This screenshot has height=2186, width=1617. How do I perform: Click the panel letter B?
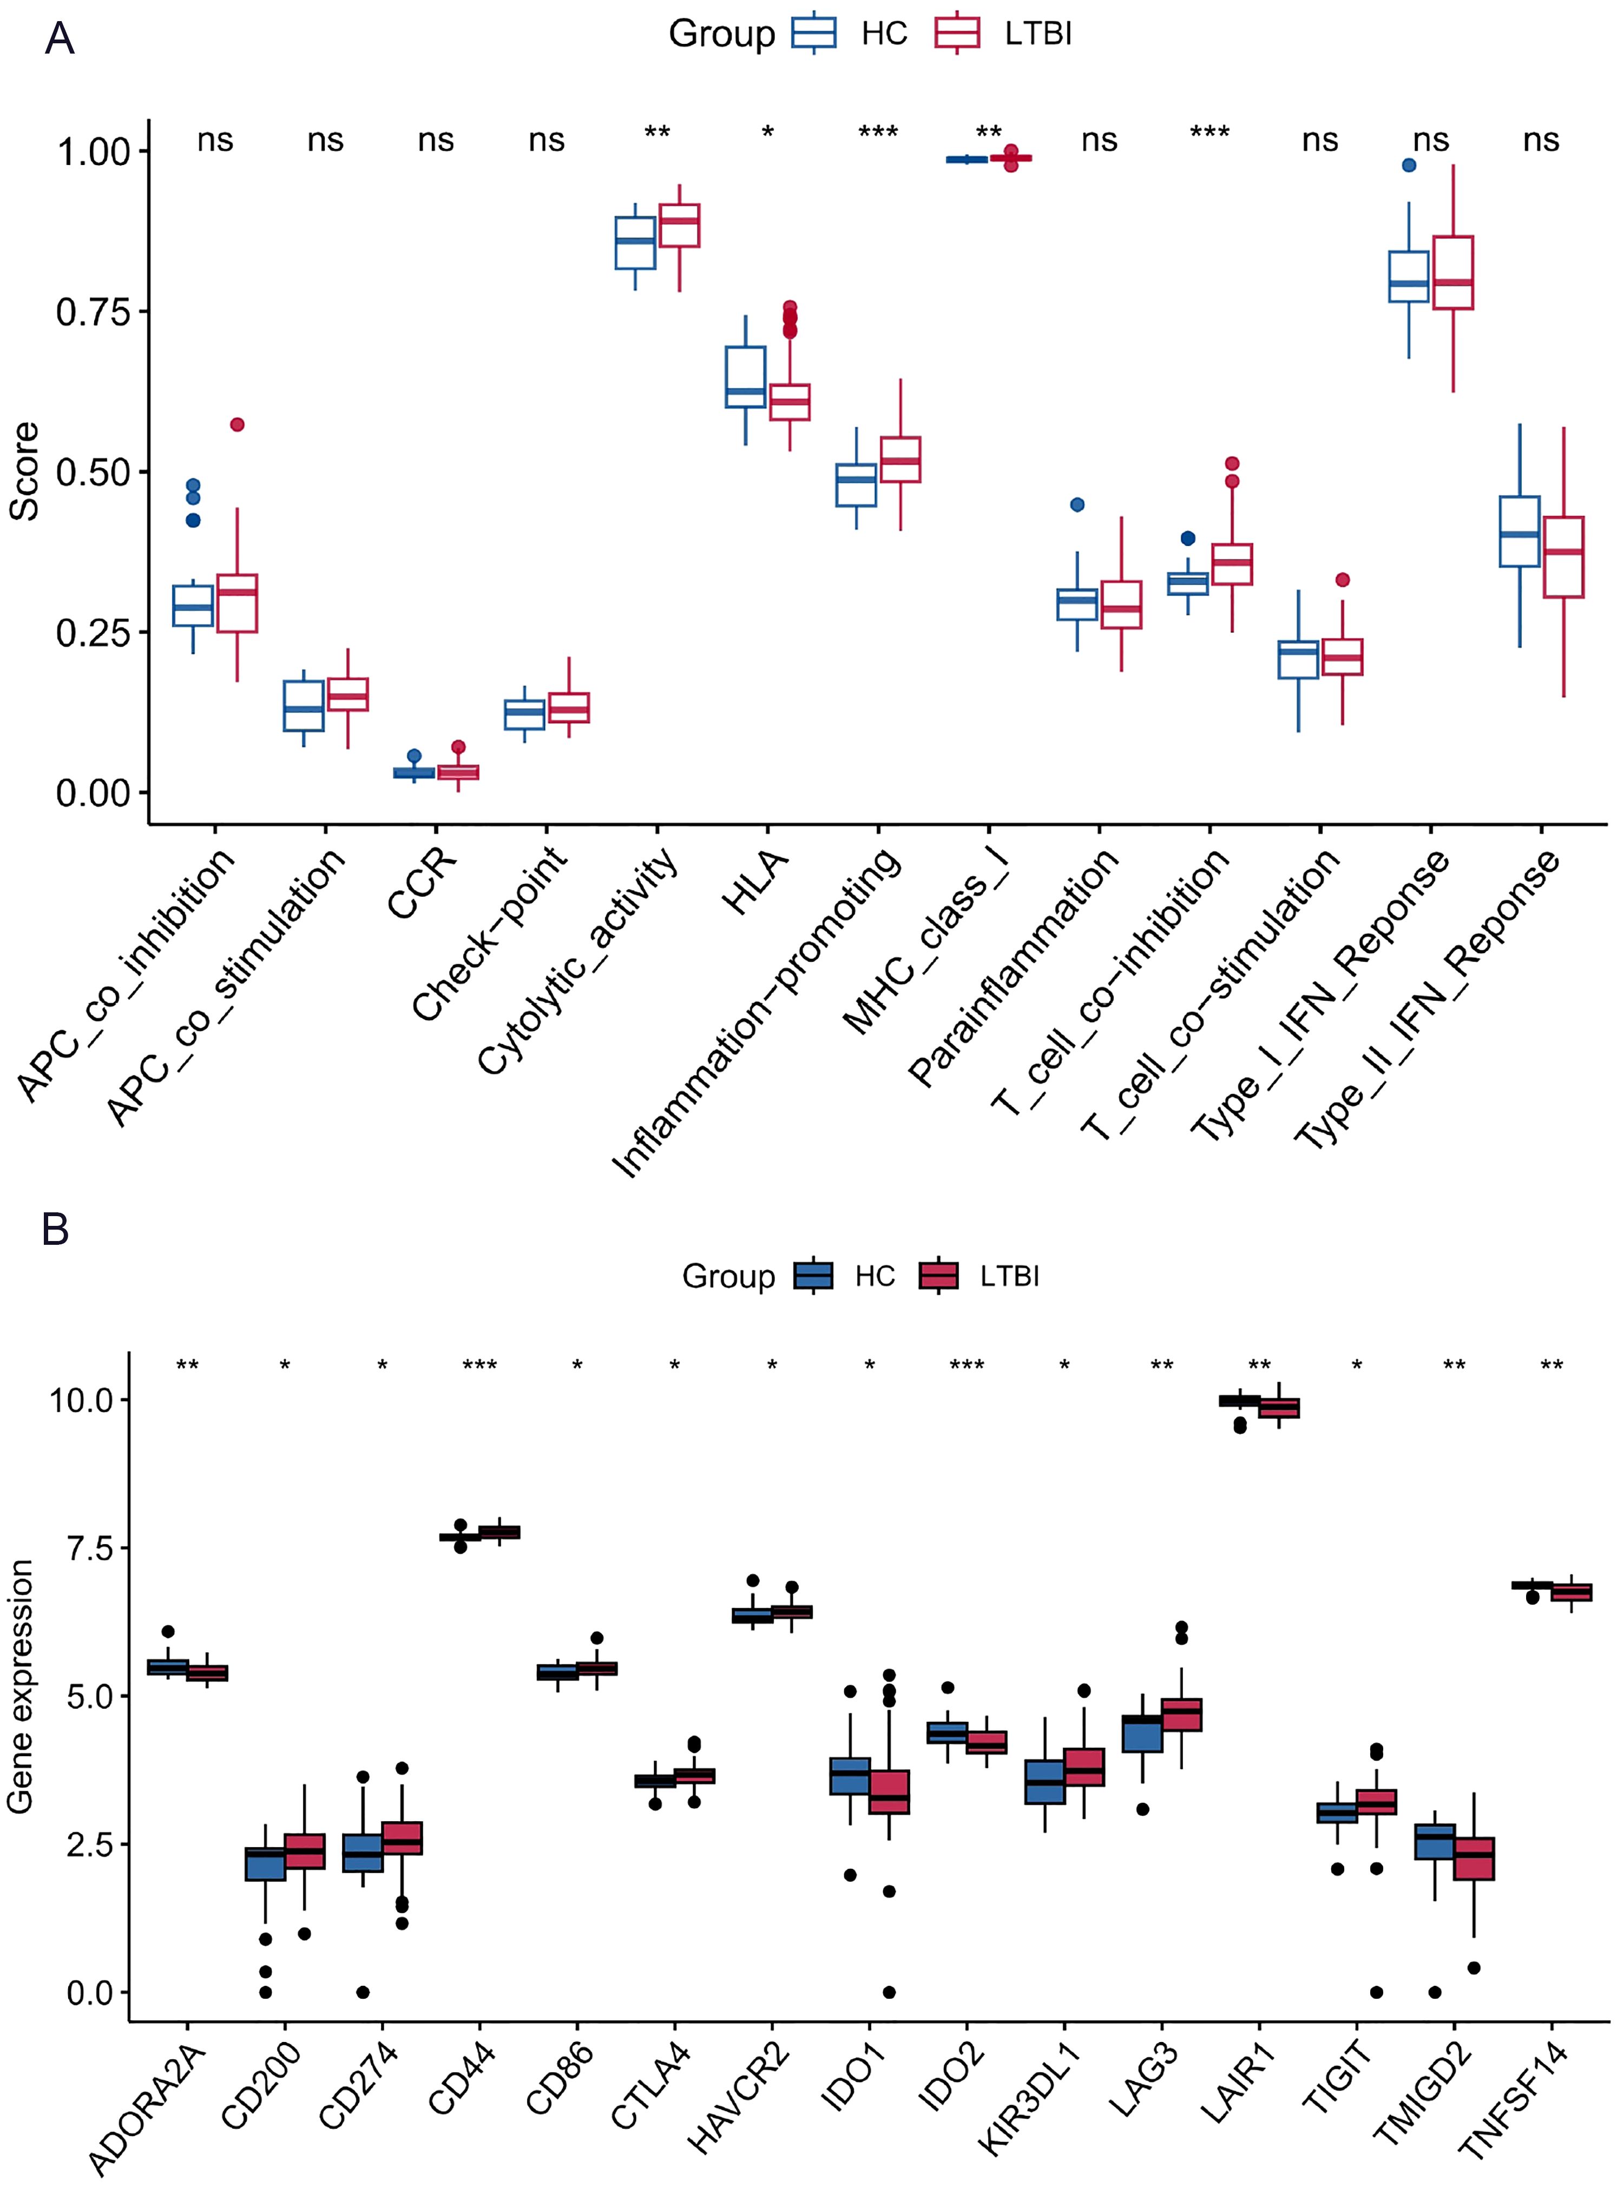point(56,1229)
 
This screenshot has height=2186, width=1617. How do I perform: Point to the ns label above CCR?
point(436,141)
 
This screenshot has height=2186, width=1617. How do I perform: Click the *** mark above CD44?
point(479,1366)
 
